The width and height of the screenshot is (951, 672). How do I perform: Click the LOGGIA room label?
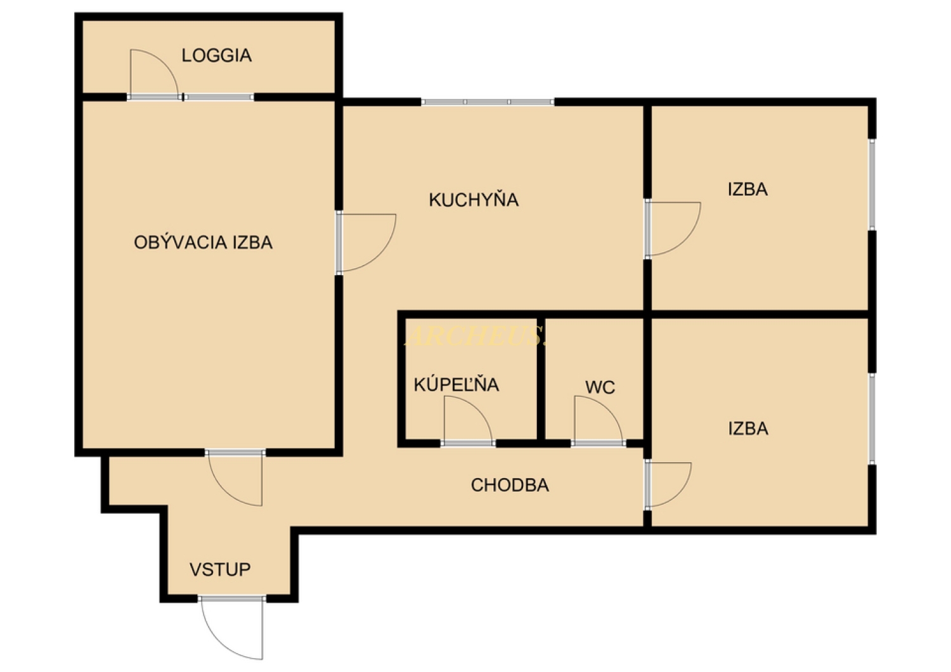217,56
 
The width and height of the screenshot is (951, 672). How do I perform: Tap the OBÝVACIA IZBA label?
203,242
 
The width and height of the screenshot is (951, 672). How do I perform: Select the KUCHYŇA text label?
474,200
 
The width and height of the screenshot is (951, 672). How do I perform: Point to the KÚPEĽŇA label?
456,384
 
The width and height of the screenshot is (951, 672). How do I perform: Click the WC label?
600,387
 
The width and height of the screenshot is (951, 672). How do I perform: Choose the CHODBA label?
510,485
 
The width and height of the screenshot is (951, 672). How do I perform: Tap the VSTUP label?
220,570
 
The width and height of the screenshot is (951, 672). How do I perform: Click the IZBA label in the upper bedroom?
747,190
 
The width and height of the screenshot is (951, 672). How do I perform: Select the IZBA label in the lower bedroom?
748,429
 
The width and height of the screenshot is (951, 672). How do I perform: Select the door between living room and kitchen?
382,255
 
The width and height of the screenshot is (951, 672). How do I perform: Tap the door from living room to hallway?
223,490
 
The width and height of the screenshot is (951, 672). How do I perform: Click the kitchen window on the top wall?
488,102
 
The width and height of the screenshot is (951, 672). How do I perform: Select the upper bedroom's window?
872,184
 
